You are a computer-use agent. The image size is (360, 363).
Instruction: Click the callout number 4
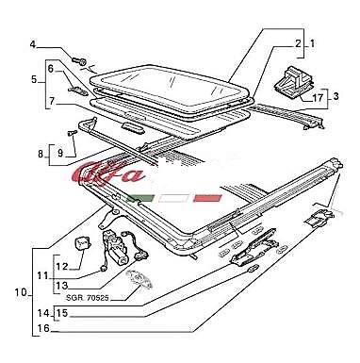pyautogui.click(x=33, y=44)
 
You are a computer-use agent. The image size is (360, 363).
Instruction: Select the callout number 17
pyautogui.click(x=318, y=98)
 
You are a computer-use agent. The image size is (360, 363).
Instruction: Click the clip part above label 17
pyautogui.click(x=294, y=82)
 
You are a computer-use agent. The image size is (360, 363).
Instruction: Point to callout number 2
pyautogui.click(x=298, y=43)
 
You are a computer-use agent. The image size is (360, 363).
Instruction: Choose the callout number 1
pyautogui.click(x=313, y=43)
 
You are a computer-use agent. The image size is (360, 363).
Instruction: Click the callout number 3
pyautogui.click(x=335, y=96)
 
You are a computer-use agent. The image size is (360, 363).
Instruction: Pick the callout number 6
pyautogui.click(x=51, y=68)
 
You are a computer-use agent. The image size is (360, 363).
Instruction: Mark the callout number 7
pyautogui.click(x=52, y=101)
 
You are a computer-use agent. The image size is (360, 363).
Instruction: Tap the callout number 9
pyautogui.click(x=60, y=153)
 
